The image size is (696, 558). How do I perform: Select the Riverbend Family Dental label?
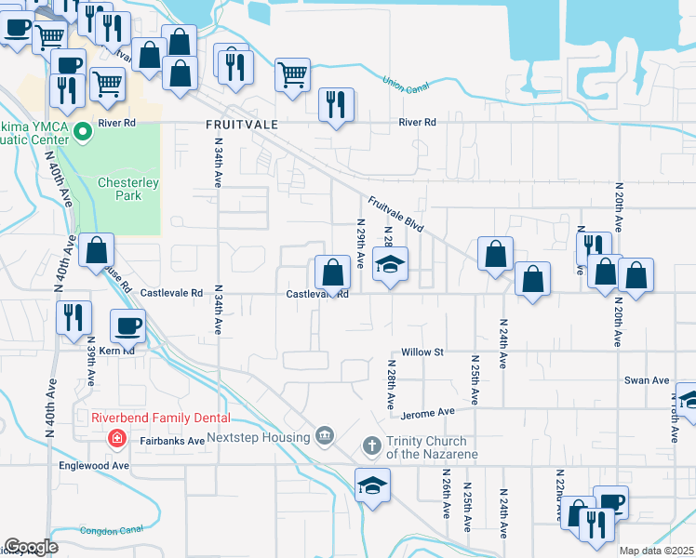point(160,418)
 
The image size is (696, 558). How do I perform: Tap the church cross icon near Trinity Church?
point(371,446)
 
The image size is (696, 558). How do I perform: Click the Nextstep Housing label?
point(258,437)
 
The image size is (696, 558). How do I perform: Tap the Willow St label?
point(423,352)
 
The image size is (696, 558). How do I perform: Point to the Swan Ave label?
point(647,380)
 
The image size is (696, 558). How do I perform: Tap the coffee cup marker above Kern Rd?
point(128,327)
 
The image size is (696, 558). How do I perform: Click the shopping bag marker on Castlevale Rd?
point(332,272)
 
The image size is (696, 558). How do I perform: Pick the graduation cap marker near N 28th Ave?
point(391,263)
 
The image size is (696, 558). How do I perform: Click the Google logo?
point(31,547)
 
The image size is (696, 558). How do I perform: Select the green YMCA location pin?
point(82,131)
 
